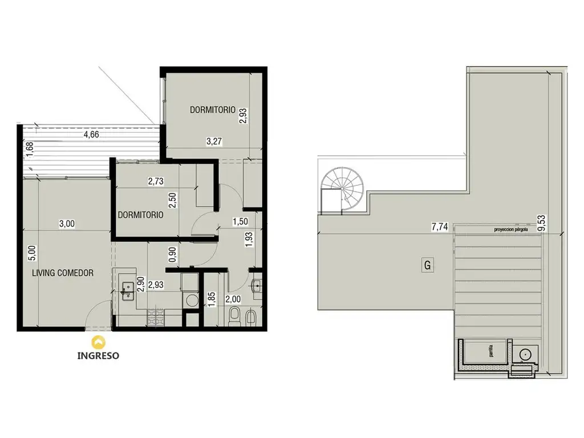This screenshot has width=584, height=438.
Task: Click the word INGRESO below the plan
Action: (x=98, y=355)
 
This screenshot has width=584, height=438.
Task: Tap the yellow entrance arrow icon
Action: (x=98, y=342)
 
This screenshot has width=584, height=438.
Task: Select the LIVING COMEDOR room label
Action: (x=63, y=273)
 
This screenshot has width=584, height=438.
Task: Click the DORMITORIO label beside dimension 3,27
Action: (x=212, y=110)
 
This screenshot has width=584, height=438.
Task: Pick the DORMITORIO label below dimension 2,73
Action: (x=140, y=215)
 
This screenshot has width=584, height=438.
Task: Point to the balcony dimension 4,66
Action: (x=91, y=135)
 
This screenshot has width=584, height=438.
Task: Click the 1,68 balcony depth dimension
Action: (x=30, y=150)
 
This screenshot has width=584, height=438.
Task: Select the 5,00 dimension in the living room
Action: (x=33, y=253)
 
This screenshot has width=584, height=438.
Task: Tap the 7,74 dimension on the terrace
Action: (x=440, y=226)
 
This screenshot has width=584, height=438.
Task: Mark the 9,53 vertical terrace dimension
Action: (x=542, y=223)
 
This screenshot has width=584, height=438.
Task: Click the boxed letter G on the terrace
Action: (x=427, y=265)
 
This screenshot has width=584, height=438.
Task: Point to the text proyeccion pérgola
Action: (x=510, y=229)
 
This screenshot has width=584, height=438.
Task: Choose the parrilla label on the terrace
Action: (x=491, y=351)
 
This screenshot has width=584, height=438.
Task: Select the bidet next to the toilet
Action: (x=251, y=316)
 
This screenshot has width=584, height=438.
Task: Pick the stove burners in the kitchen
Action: (x=155, y=318)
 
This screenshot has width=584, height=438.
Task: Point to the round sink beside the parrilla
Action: (x=525, y=355)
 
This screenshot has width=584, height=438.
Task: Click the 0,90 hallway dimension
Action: (x=172, y=254)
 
